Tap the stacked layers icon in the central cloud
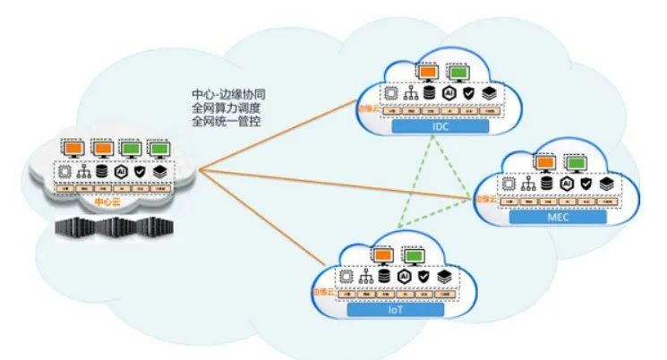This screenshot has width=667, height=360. point(158,170)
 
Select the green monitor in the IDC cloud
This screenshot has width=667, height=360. point(459,71)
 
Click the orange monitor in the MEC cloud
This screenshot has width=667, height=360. point(543,162)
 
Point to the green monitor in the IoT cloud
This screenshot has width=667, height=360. point(414,256)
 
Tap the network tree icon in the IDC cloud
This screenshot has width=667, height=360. point(411,93)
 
